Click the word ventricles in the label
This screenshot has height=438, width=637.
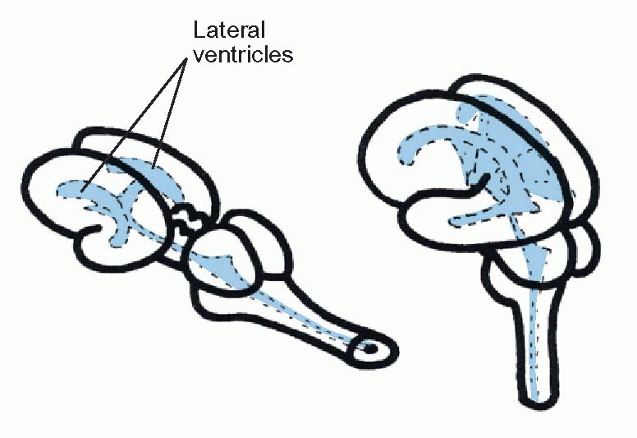tap(243, 56)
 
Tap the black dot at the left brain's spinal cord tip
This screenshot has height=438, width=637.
tap(370, 348)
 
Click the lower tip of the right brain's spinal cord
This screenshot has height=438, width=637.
tap(535, 401)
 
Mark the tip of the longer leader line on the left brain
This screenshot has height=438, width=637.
tap(83, 193)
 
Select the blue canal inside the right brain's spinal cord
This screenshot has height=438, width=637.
tap(536, 345)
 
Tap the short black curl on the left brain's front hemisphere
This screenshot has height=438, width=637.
tap(101, 232)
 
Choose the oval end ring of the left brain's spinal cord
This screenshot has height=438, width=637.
tap(373, 349)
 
